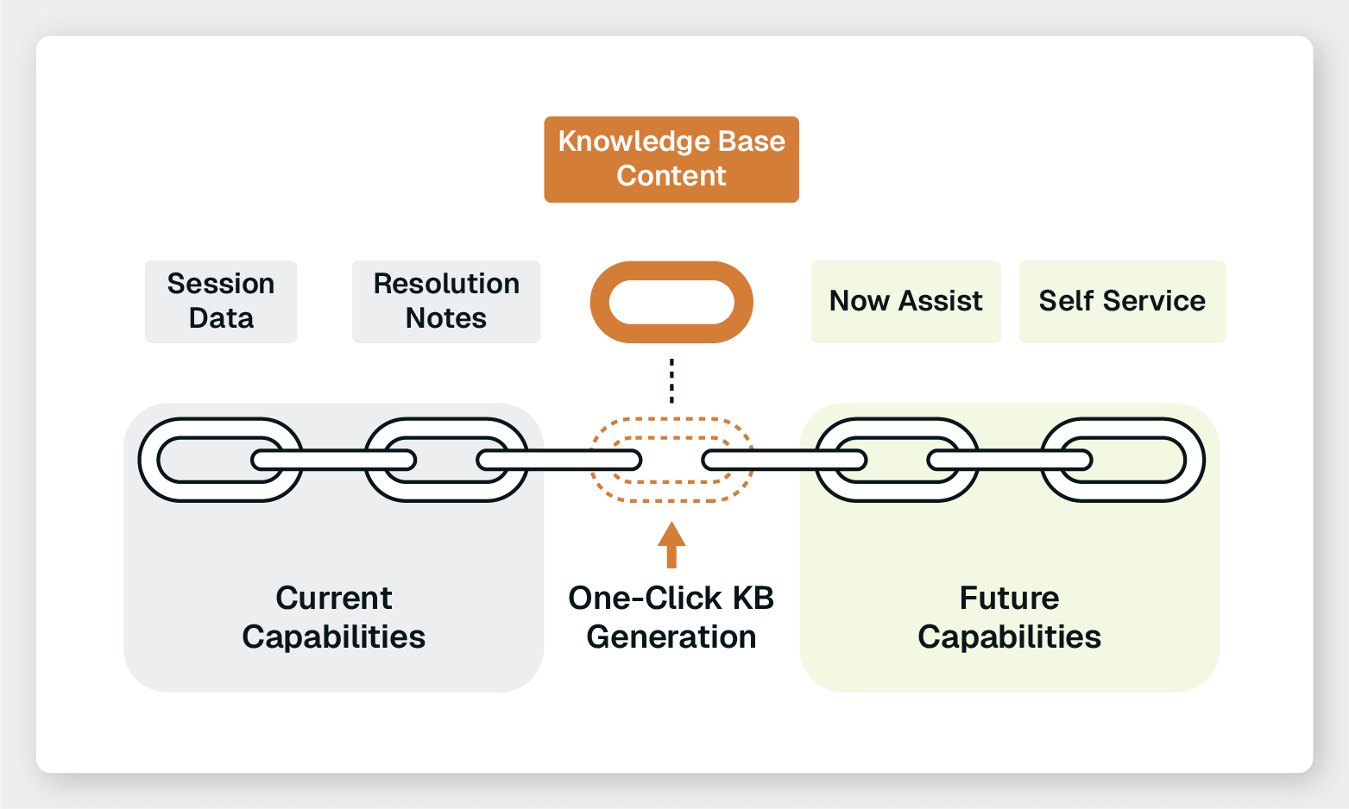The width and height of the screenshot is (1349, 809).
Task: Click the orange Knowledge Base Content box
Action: coord(671,160)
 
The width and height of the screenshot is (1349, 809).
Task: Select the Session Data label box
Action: coord(221,301)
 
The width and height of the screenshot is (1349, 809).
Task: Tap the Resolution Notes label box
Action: coord(446,301)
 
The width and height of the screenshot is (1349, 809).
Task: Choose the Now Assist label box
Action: coord(905,301)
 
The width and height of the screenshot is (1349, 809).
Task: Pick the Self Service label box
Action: coord(1122,301)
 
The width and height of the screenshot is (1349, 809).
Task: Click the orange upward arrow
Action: coord(671,544)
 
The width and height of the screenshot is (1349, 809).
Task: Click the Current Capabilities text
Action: coord(334,618)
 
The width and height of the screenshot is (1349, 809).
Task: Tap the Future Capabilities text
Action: coord(1009,618)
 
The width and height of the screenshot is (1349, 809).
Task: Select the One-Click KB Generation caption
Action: coord(671,618)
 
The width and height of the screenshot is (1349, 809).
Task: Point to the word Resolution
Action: coord(446,284)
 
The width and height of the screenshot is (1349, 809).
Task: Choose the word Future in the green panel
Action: coord(1009,599)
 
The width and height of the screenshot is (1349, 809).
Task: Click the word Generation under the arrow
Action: coord(671,637)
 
